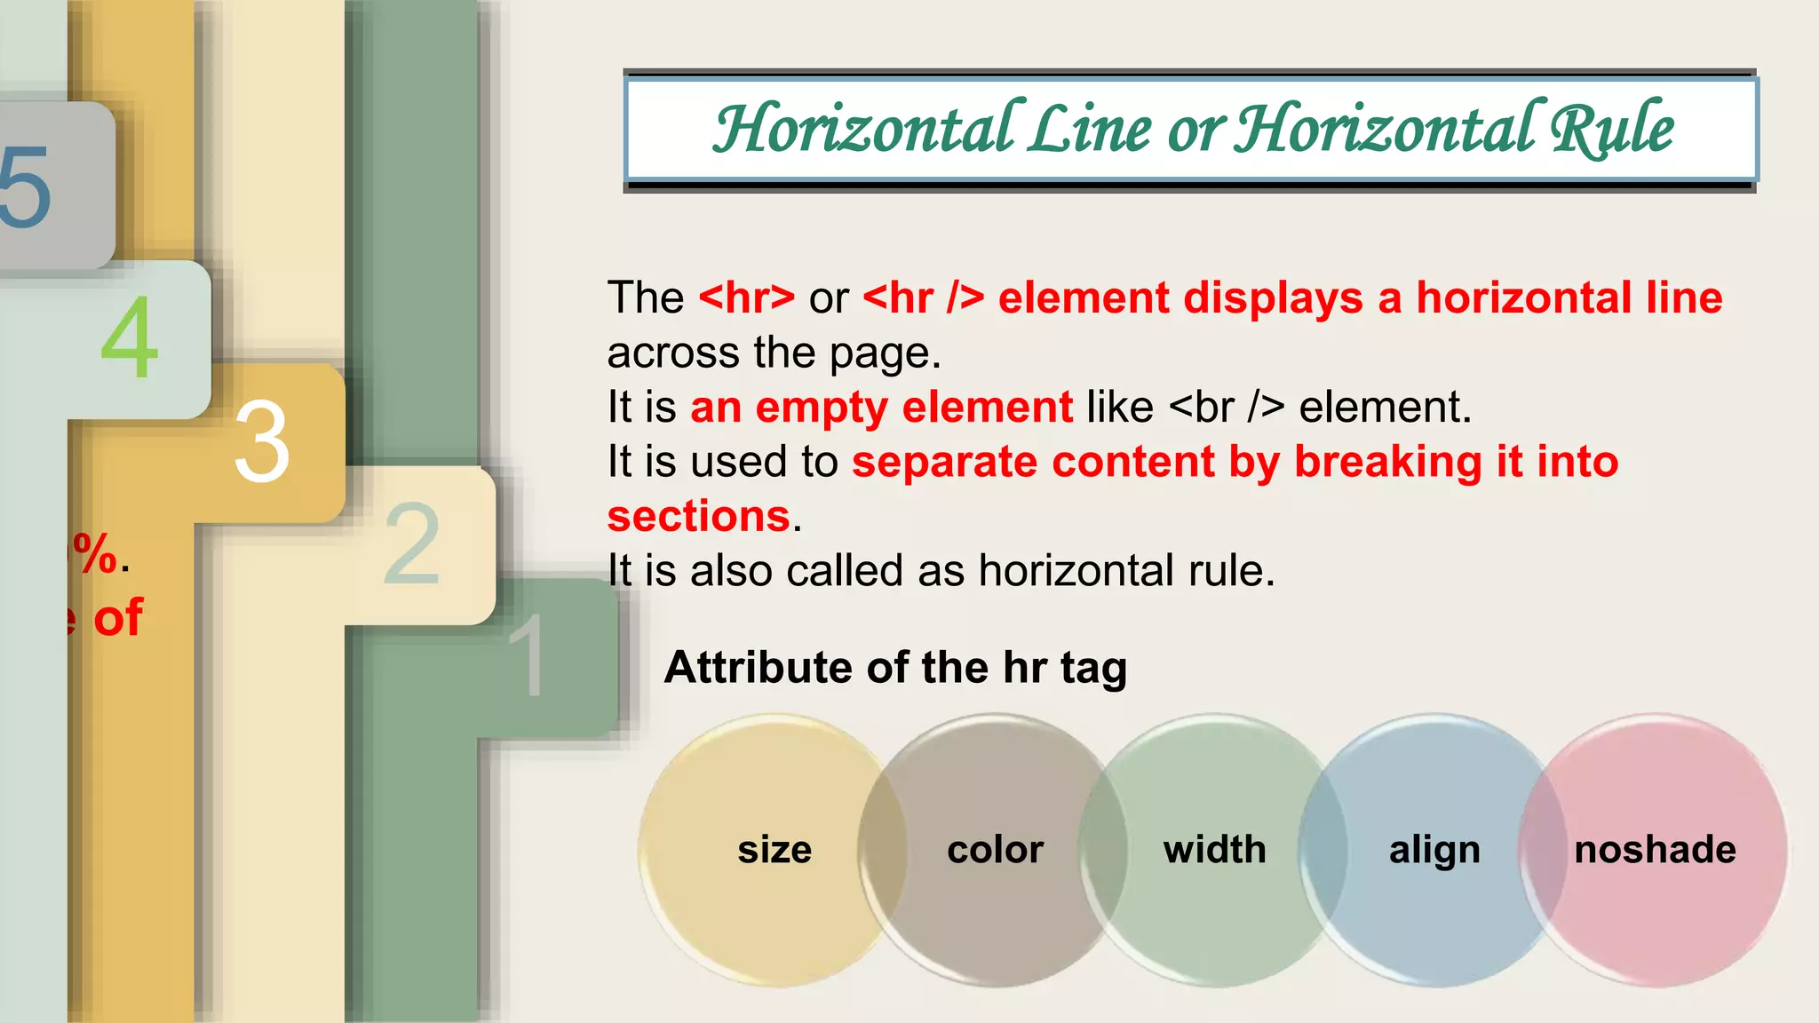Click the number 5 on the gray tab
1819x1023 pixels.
(x=24, y=186)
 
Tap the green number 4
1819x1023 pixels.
(x=130, y=337)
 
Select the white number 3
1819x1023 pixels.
(x=262, y=441)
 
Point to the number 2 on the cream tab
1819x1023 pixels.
(x=412, y=543)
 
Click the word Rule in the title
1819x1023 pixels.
(x=1611, y=130)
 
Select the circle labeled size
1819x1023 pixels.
(x=774, y=850)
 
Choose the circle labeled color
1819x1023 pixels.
(x=995, y=850)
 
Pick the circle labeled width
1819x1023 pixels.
(x=1214, y=850)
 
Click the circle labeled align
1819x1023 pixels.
(x=1434, y=850)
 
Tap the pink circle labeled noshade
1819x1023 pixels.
(x=1655, y=850)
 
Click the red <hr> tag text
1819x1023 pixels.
(x=747, y=298)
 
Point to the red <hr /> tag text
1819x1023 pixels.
(x=924, y=298)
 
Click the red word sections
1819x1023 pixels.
(x=699, y=517)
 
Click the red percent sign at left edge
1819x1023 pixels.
(x=96, y=554)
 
